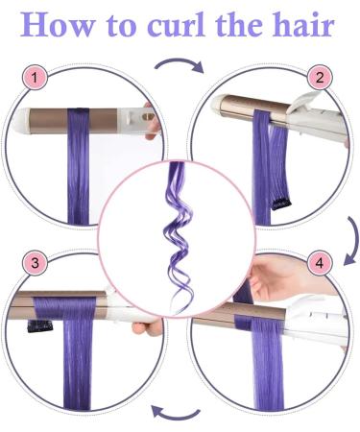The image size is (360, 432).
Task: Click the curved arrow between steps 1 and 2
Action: click(x=180, y=65)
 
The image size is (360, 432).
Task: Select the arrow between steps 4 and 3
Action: click(x=180, y=413)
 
